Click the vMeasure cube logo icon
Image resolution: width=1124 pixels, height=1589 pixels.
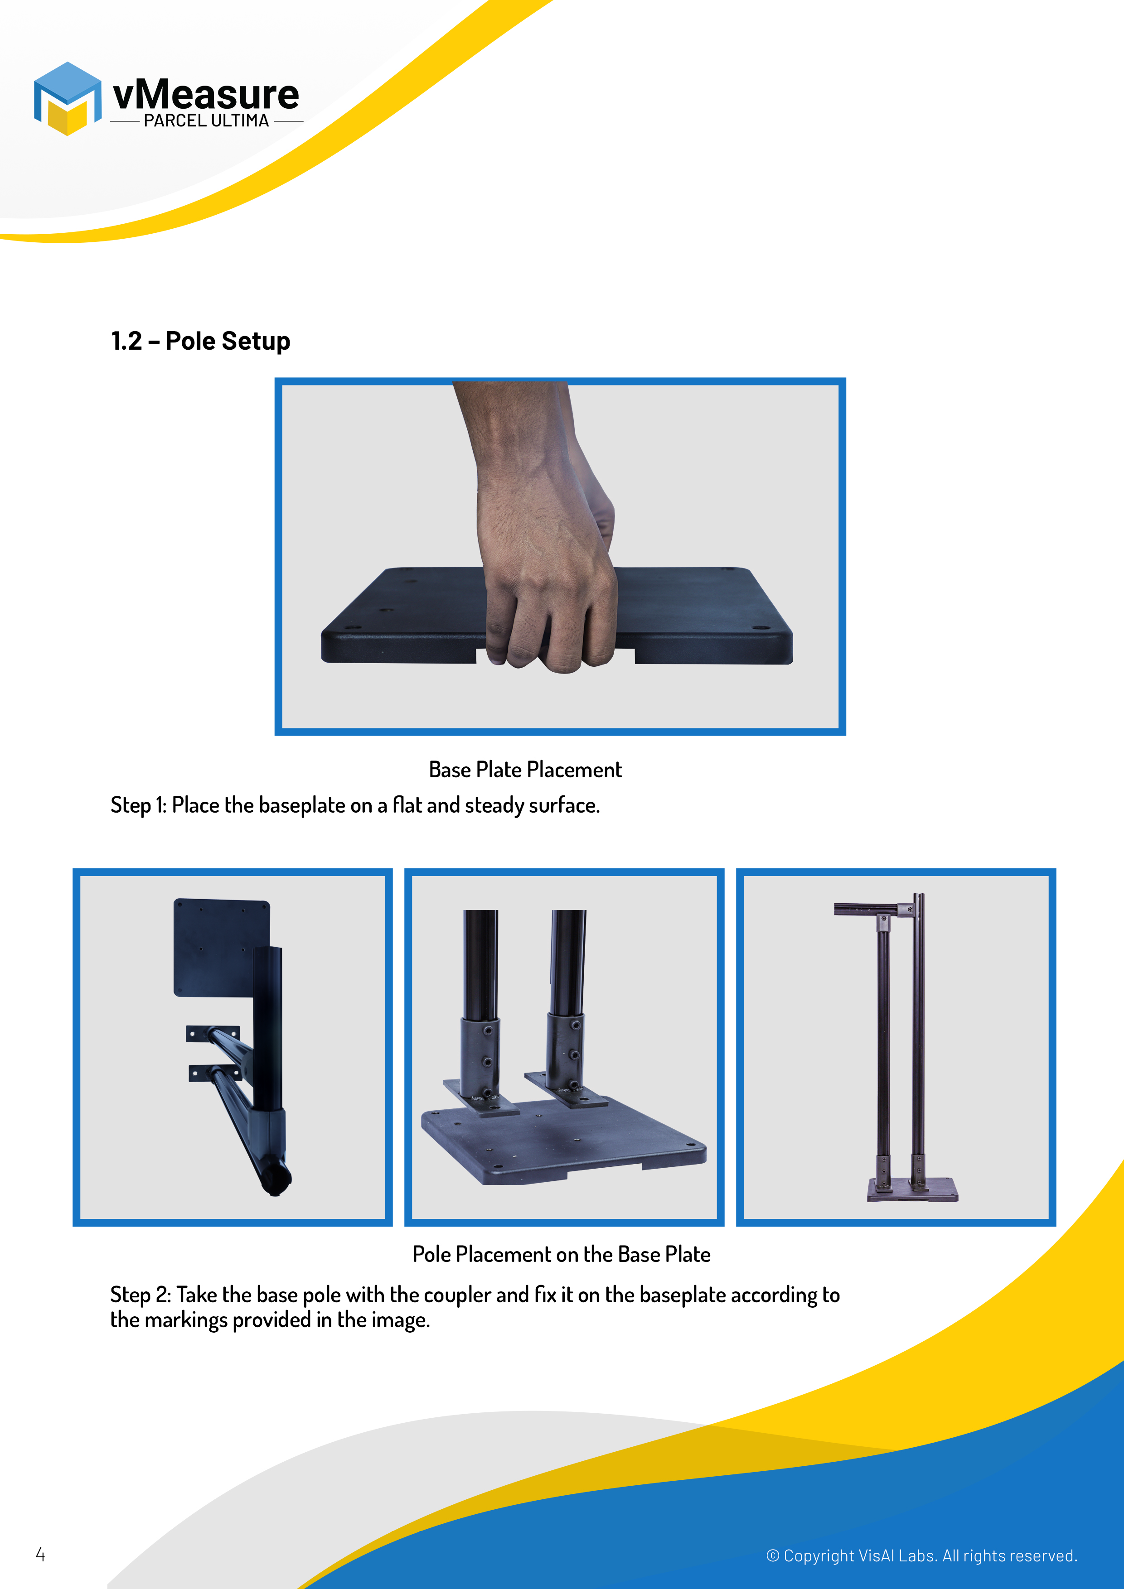[67, 98]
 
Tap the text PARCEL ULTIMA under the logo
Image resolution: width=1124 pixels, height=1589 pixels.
[206, 120]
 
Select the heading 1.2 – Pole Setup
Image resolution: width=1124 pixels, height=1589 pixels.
[200, 341]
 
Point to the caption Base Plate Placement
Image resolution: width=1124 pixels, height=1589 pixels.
[525, 770]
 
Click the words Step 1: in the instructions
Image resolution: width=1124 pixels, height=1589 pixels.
[139, 805]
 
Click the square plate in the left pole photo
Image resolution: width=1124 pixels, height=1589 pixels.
[221, 947]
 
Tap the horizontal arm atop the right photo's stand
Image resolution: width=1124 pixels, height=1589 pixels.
[872, 909]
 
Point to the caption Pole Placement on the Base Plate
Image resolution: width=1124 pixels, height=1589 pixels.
[562, 1254]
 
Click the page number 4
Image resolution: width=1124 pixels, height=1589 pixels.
[40, 1555]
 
